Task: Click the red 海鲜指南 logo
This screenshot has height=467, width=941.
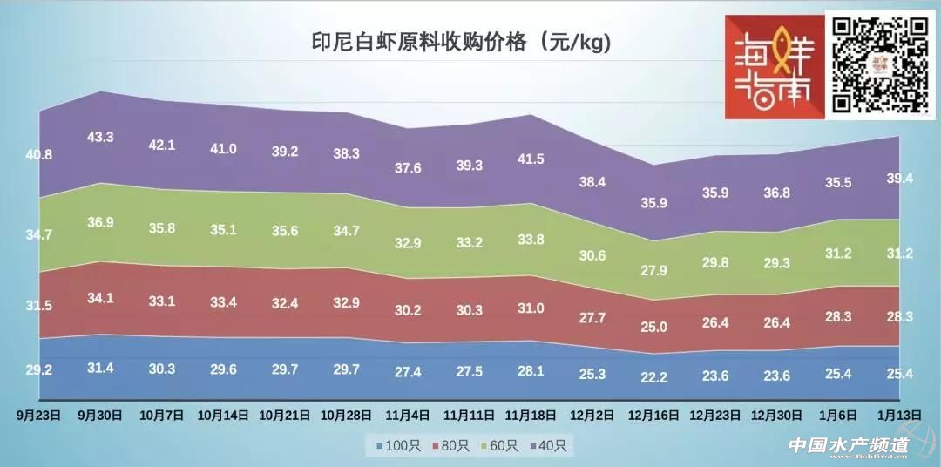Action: click(x=775, y=66)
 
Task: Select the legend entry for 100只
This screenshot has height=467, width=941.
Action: click(x=400, y=446)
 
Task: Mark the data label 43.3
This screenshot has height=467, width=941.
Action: click(x=101, y=137)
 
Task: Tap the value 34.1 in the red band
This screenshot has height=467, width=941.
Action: click(x=101, y=297)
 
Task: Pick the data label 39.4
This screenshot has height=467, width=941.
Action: click(x=900, y=178)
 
